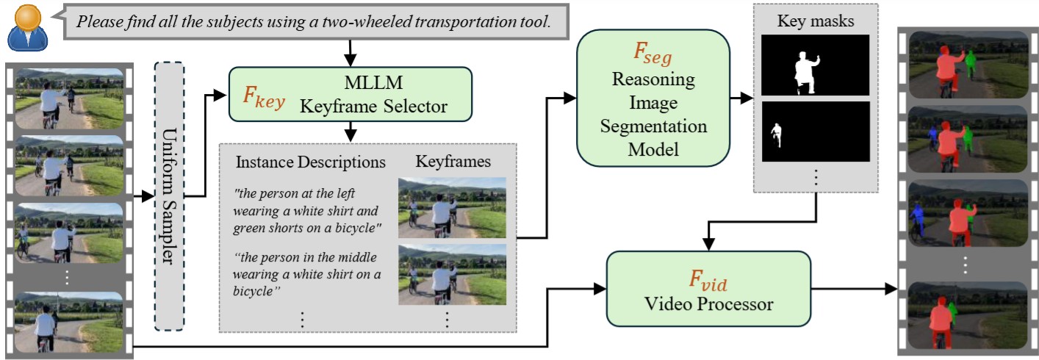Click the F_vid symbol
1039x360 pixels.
(708, 279)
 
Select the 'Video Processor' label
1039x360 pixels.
(708, 303)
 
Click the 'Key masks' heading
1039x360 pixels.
(815, 21)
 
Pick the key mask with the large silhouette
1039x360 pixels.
(815, 65)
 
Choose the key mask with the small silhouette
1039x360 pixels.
(815, 132)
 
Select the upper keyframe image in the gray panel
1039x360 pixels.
(452, 207)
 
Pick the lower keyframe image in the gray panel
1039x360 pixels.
(452, 274)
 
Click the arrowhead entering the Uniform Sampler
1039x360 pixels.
(149, 196)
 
